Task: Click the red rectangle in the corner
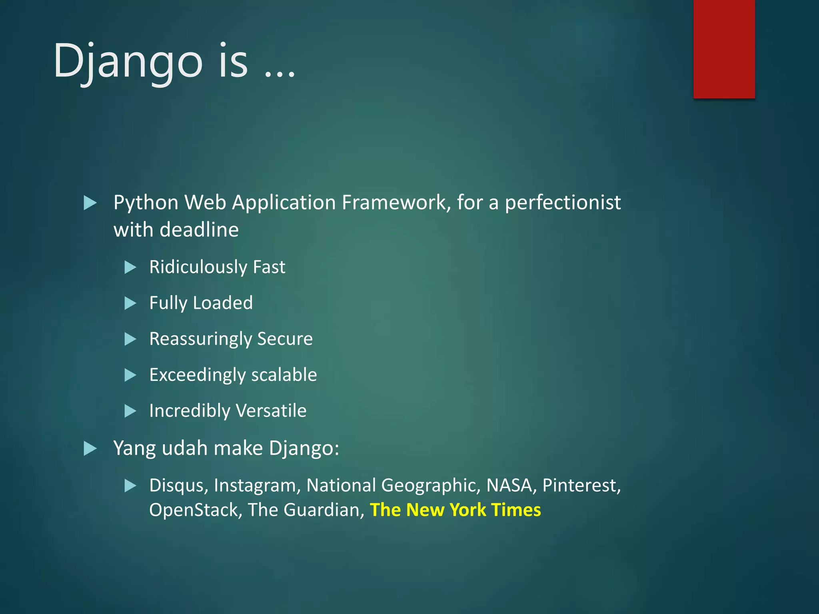(x=724, y=49)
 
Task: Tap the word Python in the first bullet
(x=146, y=203)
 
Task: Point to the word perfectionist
(x=563, y=203)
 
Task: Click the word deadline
(x=199, y=230)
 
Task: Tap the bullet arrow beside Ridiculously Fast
(x=130, y=267)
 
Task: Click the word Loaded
(x=223, y=303)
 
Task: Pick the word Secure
(x=285, y=339)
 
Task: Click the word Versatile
(x=271, y=411)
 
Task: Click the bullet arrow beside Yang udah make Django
(x=90, y=449)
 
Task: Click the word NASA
(x=511, y=485)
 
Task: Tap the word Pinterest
(x=581, y=485)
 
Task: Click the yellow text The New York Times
(x=455, y=510)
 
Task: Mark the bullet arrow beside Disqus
(x=130, y=486)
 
